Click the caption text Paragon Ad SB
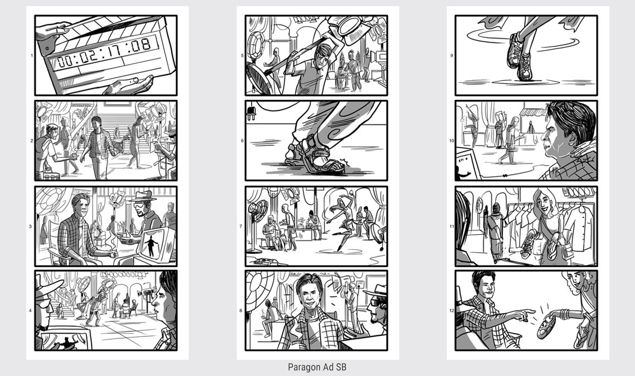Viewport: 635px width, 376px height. (317, 367)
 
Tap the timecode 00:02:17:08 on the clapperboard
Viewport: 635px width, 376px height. (104, 53)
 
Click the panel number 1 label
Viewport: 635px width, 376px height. (32, 56)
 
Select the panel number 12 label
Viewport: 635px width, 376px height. (452, 311)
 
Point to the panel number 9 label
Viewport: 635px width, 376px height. (452, 56)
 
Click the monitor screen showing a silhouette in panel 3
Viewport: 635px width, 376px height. (154, 244)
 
